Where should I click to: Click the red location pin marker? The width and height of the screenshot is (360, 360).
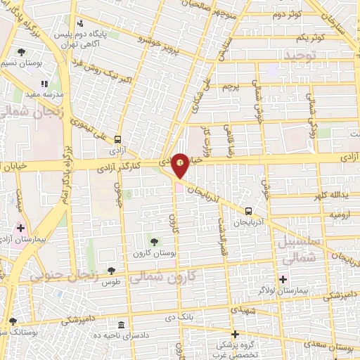[181, 164]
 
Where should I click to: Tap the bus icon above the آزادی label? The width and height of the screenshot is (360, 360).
[117, 139]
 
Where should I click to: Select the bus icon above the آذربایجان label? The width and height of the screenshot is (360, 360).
[249, 210]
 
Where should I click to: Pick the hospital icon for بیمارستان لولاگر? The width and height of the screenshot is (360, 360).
[283, 278]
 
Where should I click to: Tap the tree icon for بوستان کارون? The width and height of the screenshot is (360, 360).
[154, 242]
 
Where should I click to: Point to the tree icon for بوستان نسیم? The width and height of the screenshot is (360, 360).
[22, 51]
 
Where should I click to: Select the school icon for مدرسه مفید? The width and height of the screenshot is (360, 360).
[46, 84]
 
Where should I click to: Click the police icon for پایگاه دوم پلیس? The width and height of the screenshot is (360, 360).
[79, 23]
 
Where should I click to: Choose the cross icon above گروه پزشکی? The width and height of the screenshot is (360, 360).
[235, 334]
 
